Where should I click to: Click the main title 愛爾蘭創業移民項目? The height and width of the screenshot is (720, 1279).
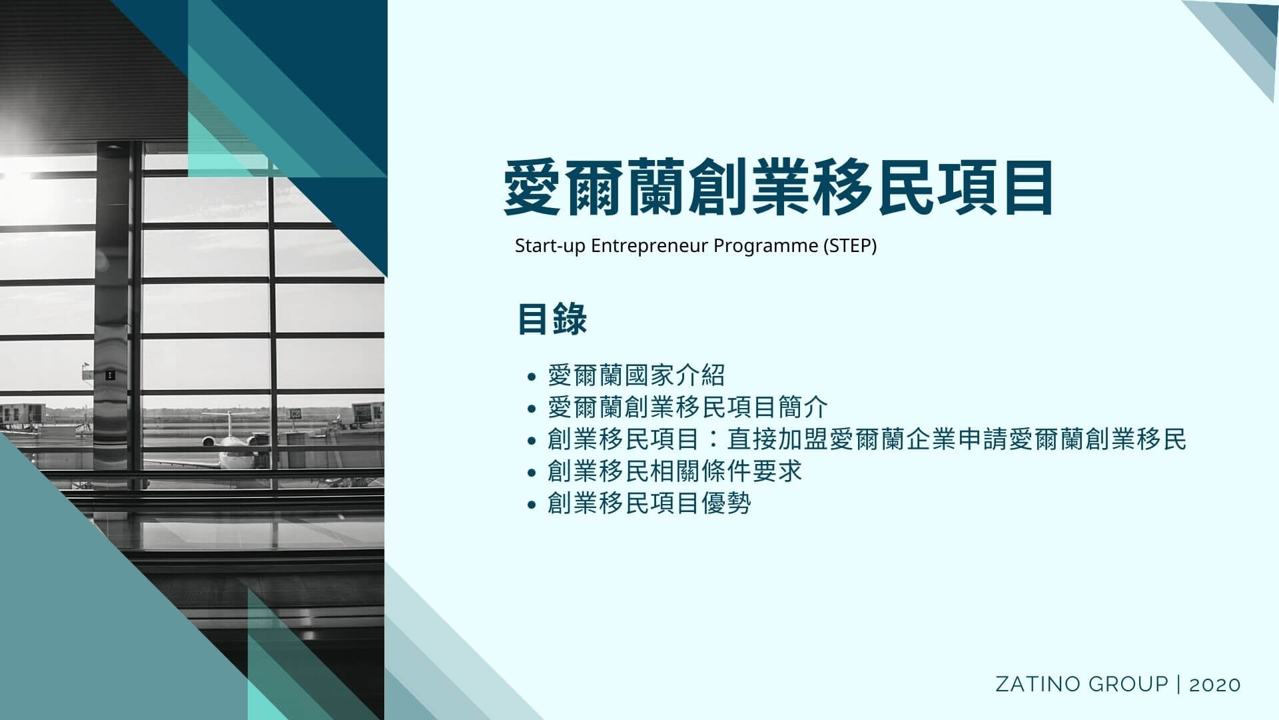coord(778,189)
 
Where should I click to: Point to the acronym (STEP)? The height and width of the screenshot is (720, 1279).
coord(850,246)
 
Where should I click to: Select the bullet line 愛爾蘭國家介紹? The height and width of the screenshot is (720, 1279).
coord(636,375)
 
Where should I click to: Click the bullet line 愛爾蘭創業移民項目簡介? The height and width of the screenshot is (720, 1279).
coord(687,407)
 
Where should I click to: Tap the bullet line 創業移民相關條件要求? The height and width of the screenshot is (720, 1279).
coord(674,471)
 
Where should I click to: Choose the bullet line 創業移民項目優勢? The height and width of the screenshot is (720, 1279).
coord(649,503)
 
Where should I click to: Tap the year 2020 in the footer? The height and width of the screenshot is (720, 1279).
coord(1215,685)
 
